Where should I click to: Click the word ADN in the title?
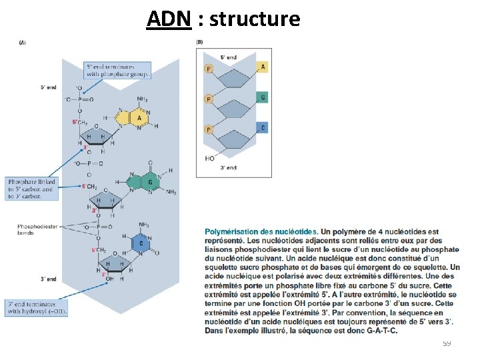coord(169,19)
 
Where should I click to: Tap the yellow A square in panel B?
coord(263,67)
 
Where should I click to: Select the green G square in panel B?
coord(263,97)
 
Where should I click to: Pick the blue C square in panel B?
coord(263,127)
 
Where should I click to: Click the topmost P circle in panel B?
coord(208,69)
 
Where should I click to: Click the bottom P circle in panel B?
coord(208,129)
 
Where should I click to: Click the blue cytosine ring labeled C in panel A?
coord(142,244)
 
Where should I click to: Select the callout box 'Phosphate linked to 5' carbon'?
coord(32,189)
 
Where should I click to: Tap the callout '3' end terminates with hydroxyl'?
coord(37,307)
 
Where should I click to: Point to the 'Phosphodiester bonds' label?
coord(38,230)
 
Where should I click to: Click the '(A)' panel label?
coord(23,43)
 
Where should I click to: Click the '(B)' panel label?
coord(199,43)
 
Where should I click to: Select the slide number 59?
coord(447,343)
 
